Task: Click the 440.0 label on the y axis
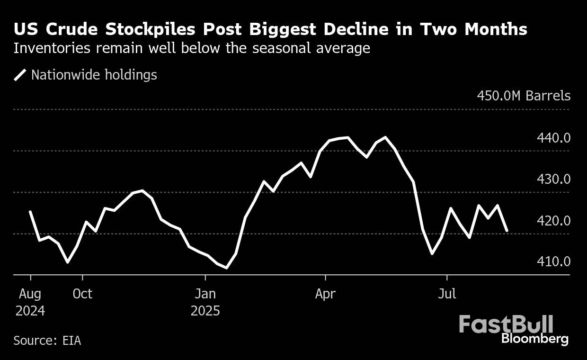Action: tap(553, 138)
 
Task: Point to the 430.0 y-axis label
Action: tap(553, 180)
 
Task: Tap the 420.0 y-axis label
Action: tap(553, 221)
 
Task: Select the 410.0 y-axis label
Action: tap(553, 261)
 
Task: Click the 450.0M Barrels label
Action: tap(524, 96)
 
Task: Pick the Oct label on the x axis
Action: tap(82, 294)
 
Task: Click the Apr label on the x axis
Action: tap(325, 294)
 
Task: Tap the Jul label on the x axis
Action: tap(446, 294)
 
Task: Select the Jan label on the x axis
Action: tap(205, 294)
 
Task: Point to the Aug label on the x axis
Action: tap(30, 294)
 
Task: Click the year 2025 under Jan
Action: tap(205, 311)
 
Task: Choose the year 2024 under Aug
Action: tap(30, 311)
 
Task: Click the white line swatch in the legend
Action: tap(20, 75)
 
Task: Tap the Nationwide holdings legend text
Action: tap(94, 75)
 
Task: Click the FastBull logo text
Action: tap(506, 325)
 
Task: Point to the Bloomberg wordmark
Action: tap(534, 339)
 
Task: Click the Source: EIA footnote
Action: tap(47, 341)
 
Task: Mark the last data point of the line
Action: tap(507, 231)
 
